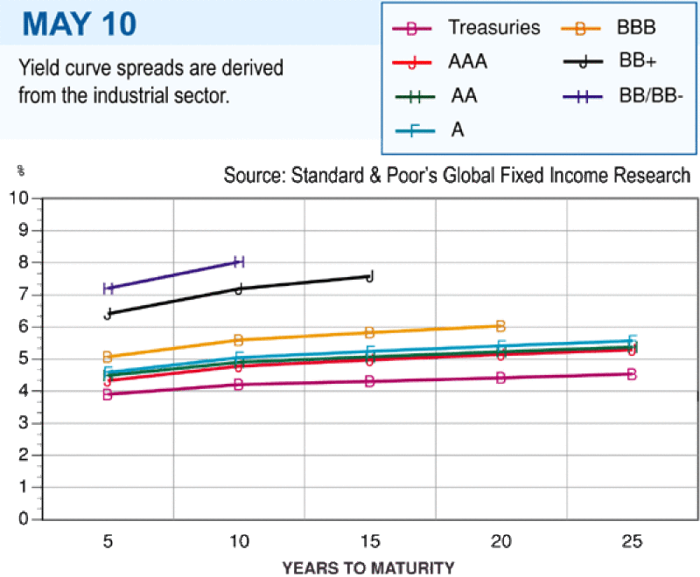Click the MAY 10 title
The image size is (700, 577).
click(80, 24)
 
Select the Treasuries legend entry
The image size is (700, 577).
click(465, 28)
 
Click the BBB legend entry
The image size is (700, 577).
click(608, 28)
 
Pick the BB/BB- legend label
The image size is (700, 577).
click(651, 96)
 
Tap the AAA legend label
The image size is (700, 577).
click(467, 61)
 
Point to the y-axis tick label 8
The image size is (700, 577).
click(24, 262)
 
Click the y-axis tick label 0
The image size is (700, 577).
click(24, 519)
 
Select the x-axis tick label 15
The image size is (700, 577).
click(369, 541)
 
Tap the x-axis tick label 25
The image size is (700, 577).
click(632, 541)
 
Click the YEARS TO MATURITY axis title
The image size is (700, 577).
click(368, 567)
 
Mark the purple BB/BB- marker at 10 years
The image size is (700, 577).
click(239, 261)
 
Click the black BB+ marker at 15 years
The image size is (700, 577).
click(369, 276)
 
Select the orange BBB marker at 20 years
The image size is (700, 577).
click(500, 326)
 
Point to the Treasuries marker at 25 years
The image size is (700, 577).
click(632, 374)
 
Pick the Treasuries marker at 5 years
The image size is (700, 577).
click(108, 394)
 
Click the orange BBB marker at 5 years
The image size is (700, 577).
click(108, 357)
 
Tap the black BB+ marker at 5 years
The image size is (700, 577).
click(108, 314)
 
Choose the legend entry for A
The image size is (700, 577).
click(430, 130)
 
